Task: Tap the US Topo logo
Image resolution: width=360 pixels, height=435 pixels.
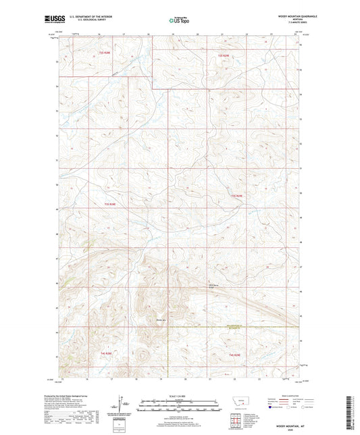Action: coord(179,20)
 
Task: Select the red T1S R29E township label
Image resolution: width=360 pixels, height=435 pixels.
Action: coord(224,55)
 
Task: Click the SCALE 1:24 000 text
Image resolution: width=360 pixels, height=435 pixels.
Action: coord(179,396)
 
